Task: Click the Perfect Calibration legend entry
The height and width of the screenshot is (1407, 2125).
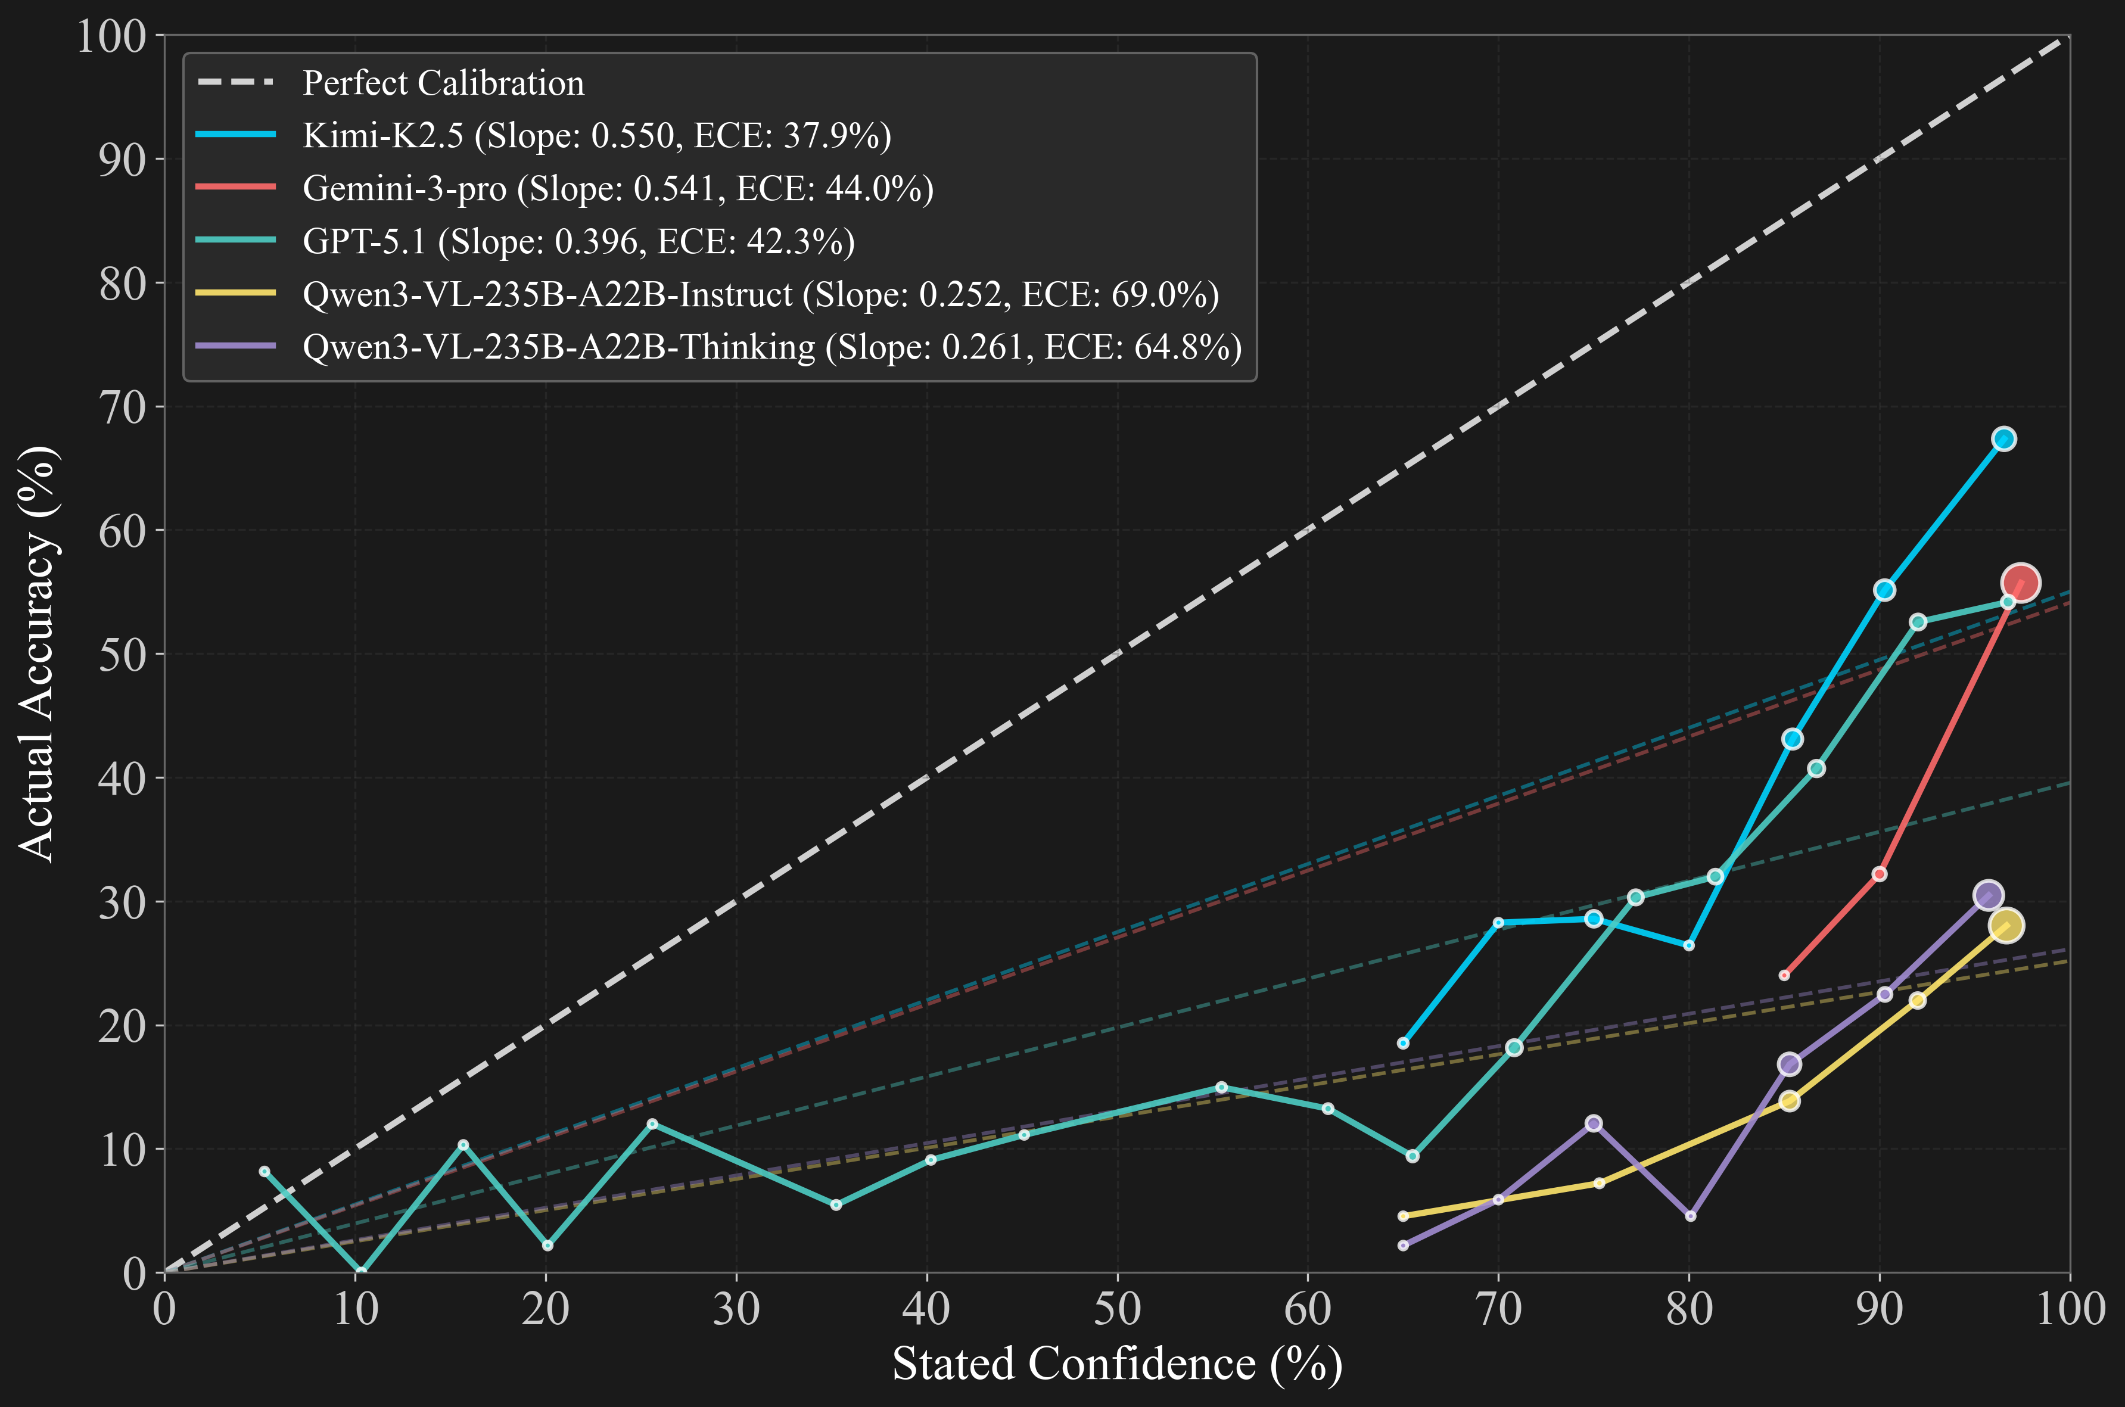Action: click(x=443, y=83)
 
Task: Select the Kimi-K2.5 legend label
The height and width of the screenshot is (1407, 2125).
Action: click(x=597, y=135)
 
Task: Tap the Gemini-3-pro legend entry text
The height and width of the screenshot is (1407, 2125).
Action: click(x=617, y=188)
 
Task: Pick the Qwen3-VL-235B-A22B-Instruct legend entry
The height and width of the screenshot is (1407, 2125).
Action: click(x=760, y=294)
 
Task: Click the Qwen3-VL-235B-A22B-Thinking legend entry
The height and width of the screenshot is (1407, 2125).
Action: click(x=771, y=346)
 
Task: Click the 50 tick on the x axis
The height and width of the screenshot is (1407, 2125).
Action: click(x=1117, y=1309)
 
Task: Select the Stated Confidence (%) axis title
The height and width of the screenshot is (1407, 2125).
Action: click(x=1117, y=1365)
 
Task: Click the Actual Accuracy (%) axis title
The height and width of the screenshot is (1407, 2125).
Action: click(x=38, y=654)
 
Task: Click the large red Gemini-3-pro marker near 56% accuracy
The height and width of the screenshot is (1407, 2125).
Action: click(x=2020, y=583)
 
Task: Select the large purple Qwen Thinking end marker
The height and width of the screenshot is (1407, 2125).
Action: click(x=1989, y=895)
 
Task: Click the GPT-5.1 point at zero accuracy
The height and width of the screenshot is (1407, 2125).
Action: click(x=361, y=1272)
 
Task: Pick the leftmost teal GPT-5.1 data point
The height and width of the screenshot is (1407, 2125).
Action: click(x=265, y=1171)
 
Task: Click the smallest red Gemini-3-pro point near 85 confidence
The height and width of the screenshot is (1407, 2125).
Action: click(x=1784, y=975)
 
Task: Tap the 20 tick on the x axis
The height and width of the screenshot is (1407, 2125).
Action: click(x=546, y=1309)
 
